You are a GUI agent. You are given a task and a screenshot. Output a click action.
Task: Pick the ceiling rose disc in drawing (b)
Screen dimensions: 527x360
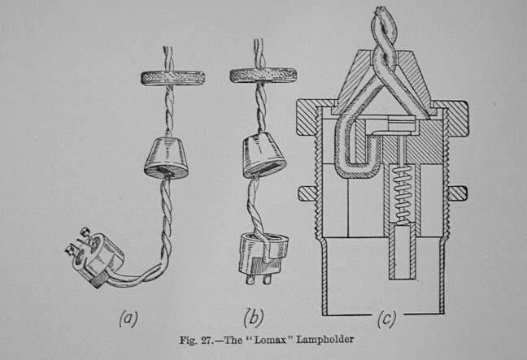(256, 76)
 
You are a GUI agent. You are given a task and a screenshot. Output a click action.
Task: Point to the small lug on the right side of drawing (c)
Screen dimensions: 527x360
(458, 193)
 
